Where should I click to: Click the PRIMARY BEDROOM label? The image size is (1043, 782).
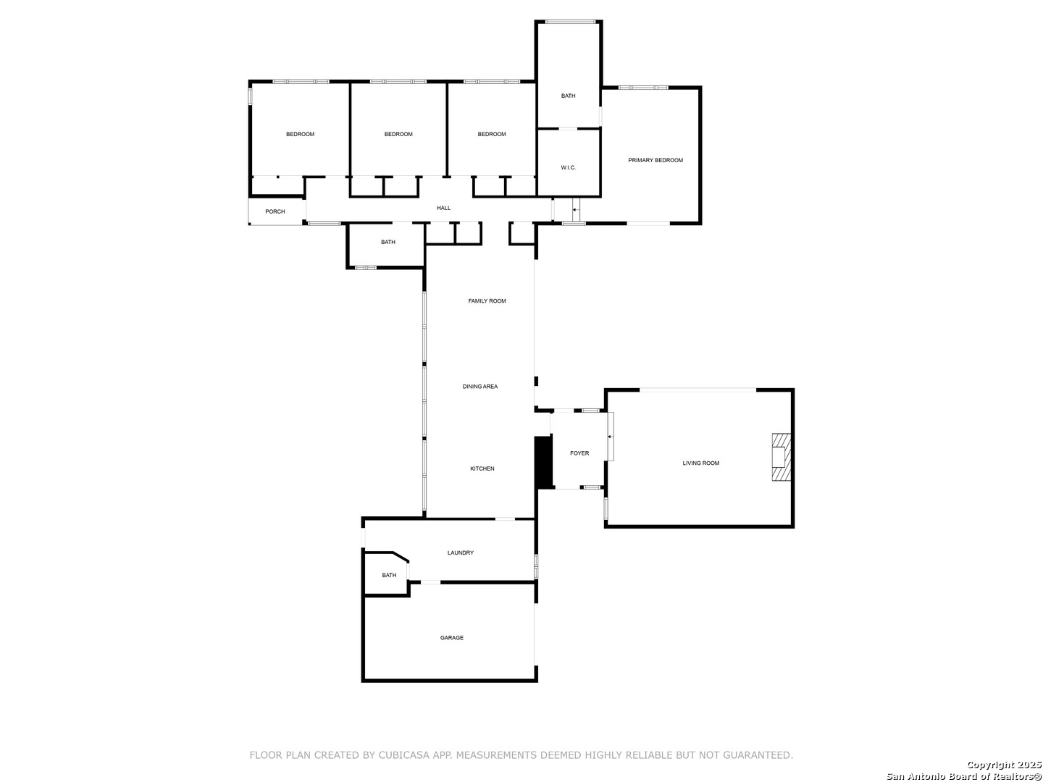coord(655,161)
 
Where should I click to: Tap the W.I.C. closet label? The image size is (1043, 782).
coord(568,167)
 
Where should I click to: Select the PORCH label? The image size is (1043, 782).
coord(275,211)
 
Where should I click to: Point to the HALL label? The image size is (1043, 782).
coord(443,208)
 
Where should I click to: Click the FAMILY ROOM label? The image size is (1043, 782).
coord(487,301)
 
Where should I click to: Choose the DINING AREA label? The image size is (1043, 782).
coord(480,387)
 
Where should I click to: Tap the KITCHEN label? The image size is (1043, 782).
coord(482,468)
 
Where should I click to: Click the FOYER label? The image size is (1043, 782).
coord(579,453)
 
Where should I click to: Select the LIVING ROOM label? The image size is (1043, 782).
coord(701,463)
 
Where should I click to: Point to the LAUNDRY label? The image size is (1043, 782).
coord(461,552)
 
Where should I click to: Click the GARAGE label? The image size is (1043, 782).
coord(451,638)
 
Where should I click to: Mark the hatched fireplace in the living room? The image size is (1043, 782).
coord(782,457)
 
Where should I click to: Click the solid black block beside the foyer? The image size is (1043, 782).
coord(544,463)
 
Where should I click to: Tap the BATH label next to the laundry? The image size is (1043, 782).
coord(389,576)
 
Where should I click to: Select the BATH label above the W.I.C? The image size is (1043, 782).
coord(568,96)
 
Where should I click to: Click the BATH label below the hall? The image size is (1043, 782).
coord(388,242)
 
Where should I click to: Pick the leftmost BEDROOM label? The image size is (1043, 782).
coord(300,135)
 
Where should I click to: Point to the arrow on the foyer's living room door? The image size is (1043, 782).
coord(610,437)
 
